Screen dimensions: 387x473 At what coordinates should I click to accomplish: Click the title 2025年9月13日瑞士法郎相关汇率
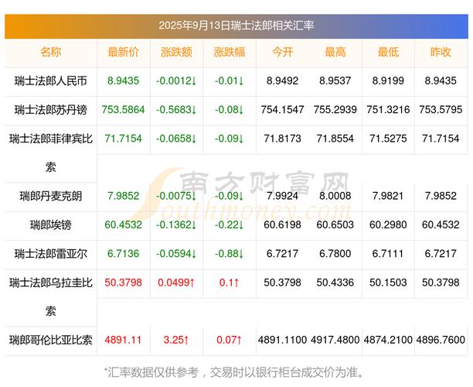pos(236,26)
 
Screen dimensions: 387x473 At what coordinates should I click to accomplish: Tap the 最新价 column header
pos(124,52)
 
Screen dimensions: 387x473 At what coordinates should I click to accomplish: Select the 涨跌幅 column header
pos(229,52)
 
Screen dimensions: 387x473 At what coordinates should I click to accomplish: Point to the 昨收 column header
pos(441,52)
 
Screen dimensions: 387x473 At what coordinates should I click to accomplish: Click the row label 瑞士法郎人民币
pos(51,80)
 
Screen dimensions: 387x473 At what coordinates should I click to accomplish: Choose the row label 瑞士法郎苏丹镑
pos(51,109)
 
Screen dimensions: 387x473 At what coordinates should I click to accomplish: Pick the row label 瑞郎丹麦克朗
pos(51,195)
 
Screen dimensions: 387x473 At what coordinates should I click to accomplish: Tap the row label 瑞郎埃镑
pos(51,224)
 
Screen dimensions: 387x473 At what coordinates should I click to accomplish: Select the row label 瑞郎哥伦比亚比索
pos(51,339)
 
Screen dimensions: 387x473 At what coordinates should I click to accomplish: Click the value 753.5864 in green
pos(124,109)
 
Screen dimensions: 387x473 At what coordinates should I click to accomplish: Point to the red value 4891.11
pos(124,339)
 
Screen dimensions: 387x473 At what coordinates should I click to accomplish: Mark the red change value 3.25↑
pos(176,339)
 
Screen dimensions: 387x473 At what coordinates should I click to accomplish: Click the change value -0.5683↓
pos(176,109)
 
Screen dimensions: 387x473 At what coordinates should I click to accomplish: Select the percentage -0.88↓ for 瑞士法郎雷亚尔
pos(229,253)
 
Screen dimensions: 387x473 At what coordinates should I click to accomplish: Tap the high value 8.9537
pos(335,80)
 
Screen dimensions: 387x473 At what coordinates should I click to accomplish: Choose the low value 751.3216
pos(388,109)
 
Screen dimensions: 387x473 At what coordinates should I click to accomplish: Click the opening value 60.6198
pos(283,224)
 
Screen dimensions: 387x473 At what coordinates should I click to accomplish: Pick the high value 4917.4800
pos(335,339)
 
